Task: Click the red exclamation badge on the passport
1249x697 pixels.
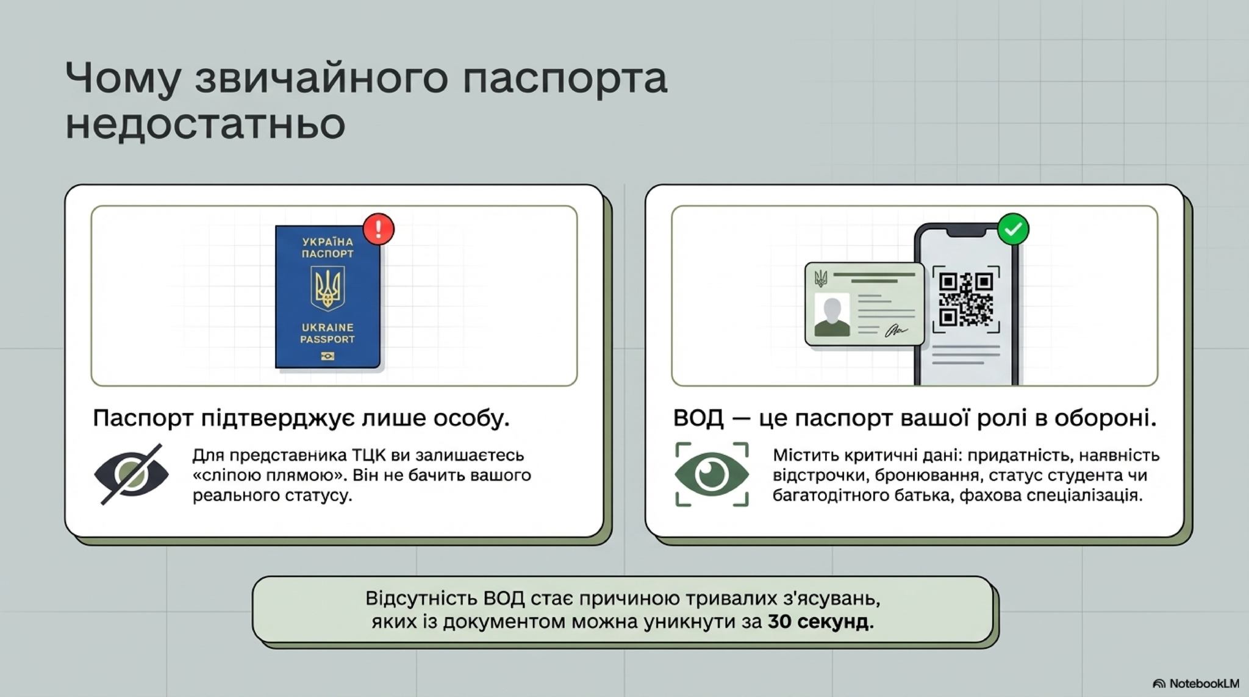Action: click(x=378, y=229)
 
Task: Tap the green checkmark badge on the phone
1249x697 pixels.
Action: click(x=1013, y=229)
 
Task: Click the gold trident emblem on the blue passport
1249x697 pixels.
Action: click(x=327, y=288)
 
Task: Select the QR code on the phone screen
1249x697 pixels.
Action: click(x=966, y=299)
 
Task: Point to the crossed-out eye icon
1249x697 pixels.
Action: click(x=131, y=474)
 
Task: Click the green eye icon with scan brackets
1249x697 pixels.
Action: click(x=712, y=474)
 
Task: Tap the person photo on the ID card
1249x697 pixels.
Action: click(x=832, y=315)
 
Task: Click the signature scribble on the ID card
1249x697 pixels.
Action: click(x=895, y=331)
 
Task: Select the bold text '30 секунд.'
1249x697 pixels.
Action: click(x=820, y=622)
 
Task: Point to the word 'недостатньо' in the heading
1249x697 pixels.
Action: click(x=206, y=124)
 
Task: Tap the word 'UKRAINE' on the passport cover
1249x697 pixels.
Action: click(x=327, y=327)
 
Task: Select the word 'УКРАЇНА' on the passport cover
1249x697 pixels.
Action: click(x=327, y=242)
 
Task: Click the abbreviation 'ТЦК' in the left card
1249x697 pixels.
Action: click(x=369, y=456)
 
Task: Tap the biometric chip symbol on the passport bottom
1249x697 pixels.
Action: click(x=327, y=356)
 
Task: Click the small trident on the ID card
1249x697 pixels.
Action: click(x=821, y=279)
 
